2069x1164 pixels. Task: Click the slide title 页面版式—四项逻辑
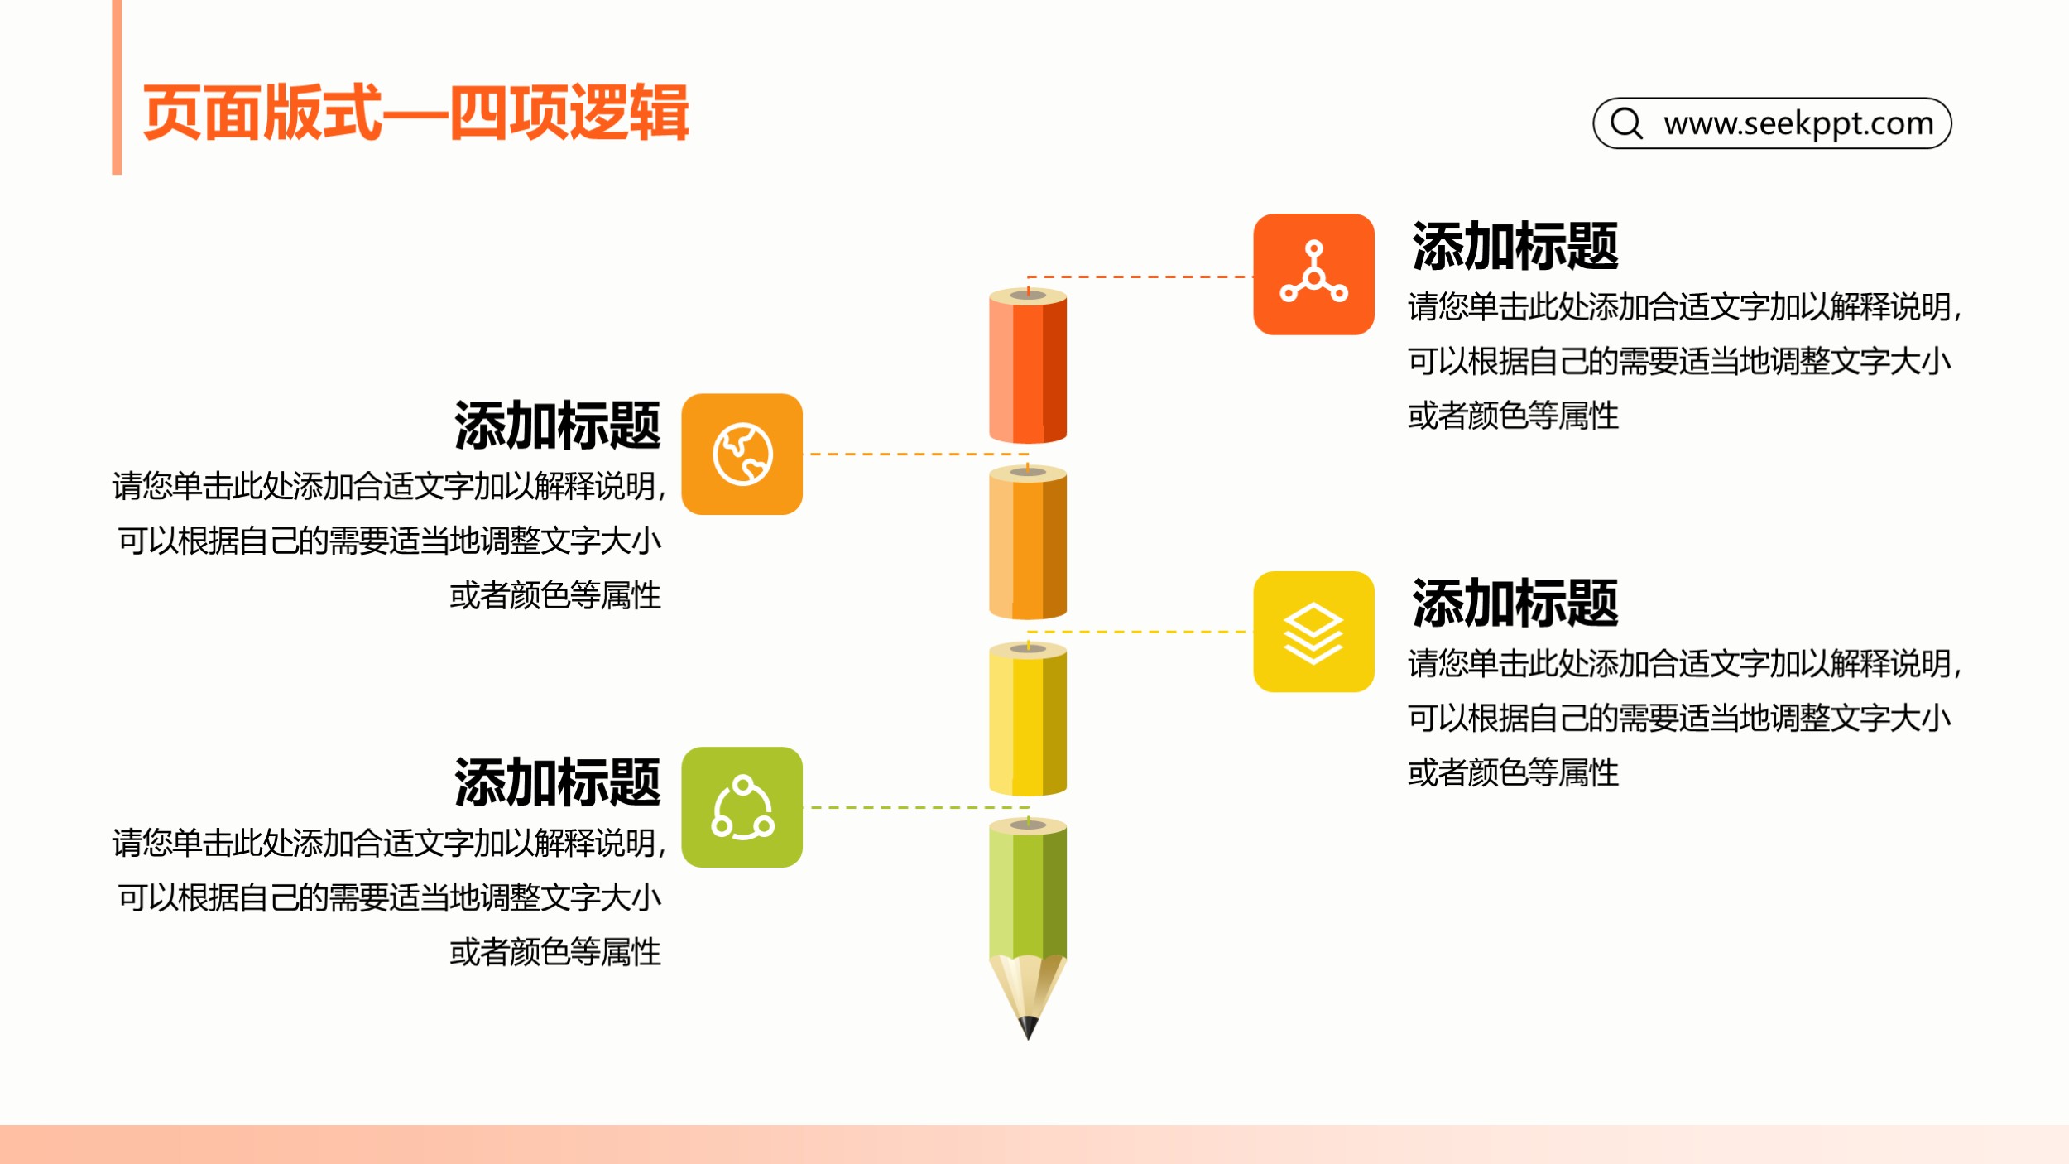tap(415, 113)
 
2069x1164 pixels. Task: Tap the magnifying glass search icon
tap(1626, 123)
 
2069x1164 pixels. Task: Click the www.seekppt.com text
tap(1798, 123)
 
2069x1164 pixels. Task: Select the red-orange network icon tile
tap(1313, 274)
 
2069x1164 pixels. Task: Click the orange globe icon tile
tap(742, 454)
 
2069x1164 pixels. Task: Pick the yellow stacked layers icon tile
tap(1313, 632)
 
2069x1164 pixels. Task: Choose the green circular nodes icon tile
tap(742, 807)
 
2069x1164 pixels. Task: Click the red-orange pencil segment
tap(1028, 365)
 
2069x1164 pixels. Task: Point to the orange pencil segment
tap(1028, 542)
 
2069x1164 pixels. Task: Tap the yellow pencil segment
tap(1028, 719)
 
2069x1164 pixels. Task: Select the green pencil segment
tap(1028, 890)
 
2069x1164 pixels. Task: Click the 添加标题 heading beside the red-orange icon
tap(1515, 246)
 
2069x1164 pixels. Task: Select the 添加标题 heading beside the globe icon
tap(557, 426)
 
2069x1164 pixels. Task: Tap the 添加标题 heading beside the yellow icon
tap(1515, 604)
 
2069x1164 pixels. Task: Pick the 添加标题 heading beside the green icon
tap(557, 782)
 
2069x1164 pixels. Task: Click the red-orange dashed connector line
tap(1140, 277)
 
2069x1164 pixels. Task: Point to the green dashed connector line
tap(919, 807)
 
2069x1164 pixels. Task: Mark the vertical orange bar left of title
tap(117, 87)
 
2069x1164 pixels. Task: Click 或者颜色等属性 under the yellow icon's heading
tap(1513, 772)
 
